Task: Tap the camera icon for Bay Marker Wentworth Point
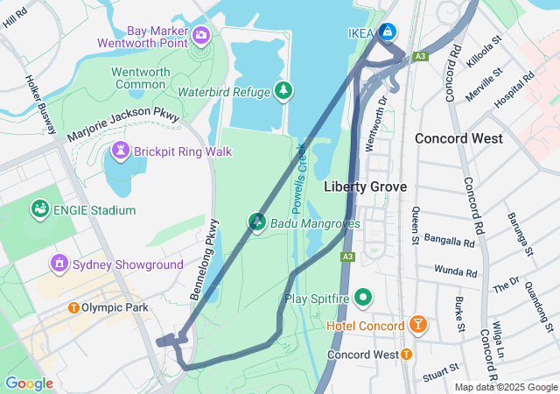tap(202, 35)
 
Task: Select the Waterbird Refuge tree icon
tap(283, 90)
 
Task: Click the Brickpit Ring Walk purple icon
tap(121, 151)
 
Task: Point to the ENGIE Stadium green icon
tap(39, 209)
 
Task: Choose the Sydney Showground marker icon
tap(59, 264)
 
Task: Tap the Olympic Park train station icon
tap(73, 307)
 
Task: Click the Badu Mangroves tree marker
tap(257, 222)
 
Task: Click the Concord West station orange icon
tap(406, 355)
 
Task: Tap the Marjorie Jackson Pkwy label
tap(123, 125)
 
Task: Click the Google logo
tap(29, 383)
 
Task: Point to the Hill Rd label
tap(16, 19)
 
